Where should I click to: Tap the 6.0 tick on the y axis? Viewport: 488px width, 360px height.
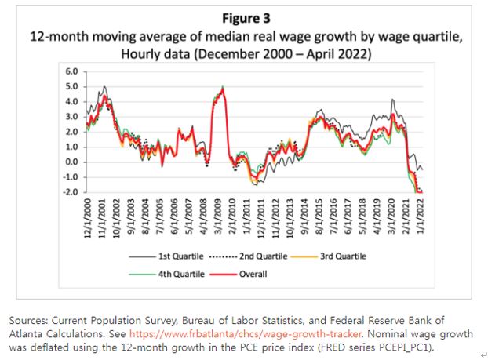pos(73,71)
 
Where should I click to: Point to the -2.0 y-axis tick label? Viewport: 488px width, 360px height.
pos(71,192)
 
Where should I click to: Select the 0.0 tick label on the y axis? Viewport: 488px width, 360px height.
pos(73,162)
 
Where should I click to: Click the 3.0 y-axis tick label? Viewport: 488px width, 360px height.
pos(73,117)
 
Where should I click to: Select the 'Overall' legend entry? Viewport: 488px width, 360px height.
pos(249,274)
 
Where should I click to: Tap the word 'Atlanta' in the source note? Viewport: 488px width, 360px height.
pos(28,332)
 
